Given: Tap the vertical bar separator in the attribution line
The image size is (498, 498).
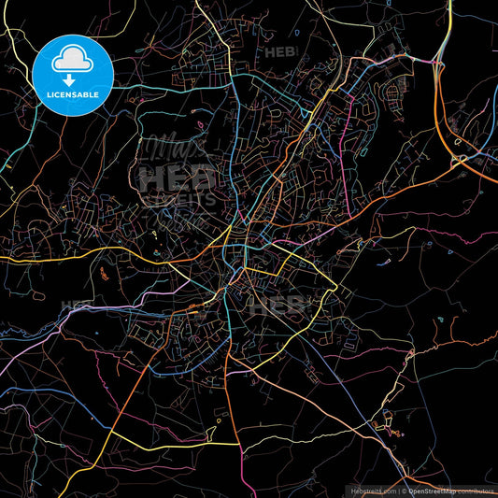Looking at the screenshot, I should [x=398, y=489].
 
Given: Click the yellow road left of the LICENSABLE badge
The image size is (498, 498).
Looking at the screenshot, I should [x=19, y=42].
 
